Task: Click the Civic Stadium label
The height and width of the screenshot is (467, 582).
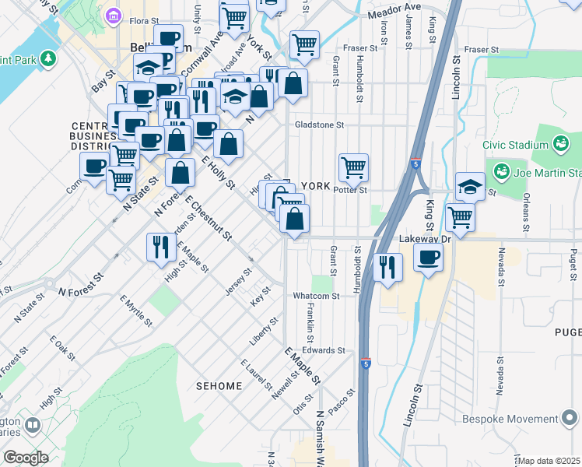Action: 516,145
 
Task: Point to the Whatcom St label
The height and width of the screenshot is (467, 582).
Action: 316,297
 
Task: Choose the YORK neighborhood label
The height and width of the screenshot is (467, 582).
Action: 315,187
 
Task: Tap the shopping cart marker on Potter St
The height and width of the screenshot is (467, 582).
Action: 354,167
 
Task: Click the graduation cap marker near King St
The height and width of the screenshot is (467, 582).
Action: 470,186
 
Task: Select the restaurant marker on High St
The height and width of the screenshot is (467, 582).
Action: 160,247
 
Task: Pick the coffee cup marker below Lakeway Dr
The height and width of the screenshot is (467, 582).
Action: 427,258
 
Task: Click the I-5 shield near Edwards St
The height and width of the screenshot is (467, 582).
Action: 366,363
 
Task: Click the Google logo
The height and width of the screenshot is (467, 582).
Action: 25,458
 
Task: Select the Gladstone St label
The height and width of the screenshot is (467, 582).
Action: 319,125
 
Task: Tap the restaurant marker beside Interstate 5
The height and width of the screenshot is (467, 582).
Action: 387,267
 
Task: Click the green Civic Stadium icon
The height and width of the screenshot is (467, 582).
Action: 559,144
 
